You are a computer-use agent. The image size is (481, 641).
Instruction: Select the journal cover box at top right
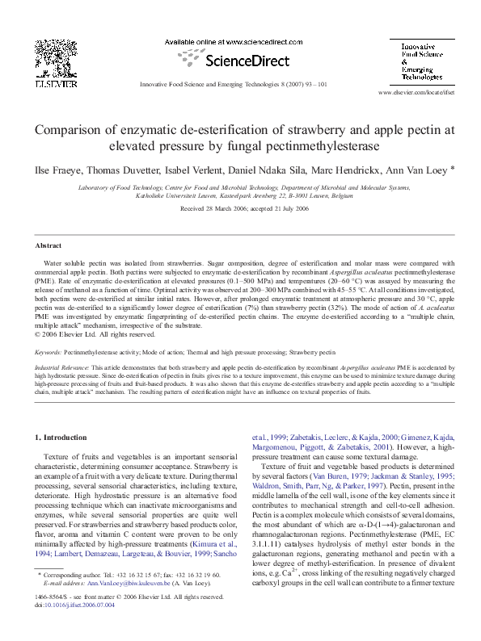coord(421,61)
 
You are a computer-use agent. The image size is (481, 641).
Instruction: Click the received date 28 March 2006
coord(214,208)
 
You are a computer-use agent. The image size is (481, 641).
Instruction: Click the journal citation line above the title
coord(234,84)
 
